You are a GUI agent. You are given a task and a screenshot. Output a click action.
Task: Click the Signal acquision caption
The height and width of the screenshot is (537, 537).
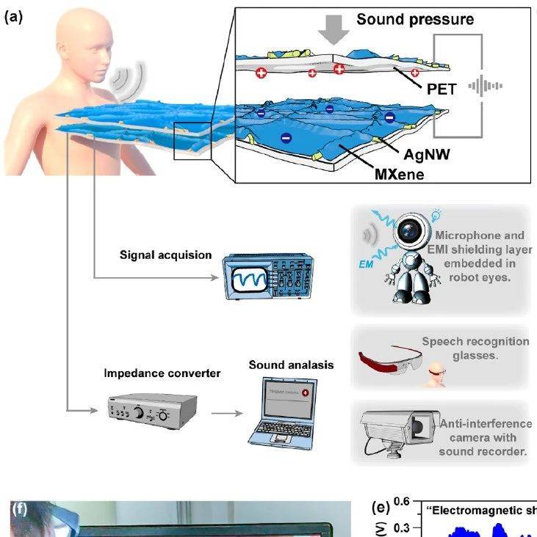165,256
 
